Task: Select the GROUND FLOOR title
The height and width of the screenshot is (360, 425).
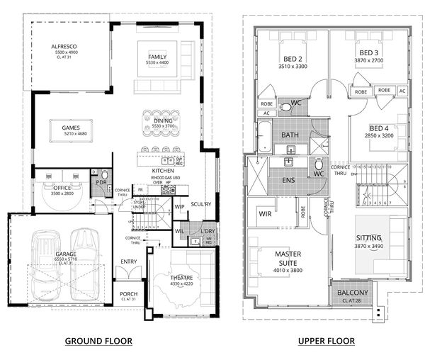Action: coord(98,342)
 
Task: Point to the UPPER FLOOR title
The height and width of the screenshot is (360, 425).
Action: coord(327,342)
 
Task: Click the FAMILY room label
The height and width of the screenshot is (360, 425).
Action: coord(157,57)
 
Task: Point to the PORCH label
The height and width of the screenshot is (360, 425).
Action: coord(128,293)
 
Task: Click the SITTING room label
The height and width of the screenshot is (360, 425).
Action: coord(369,238)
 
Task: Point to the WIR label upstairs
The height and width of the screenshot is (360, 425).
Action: coord(267,213)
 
